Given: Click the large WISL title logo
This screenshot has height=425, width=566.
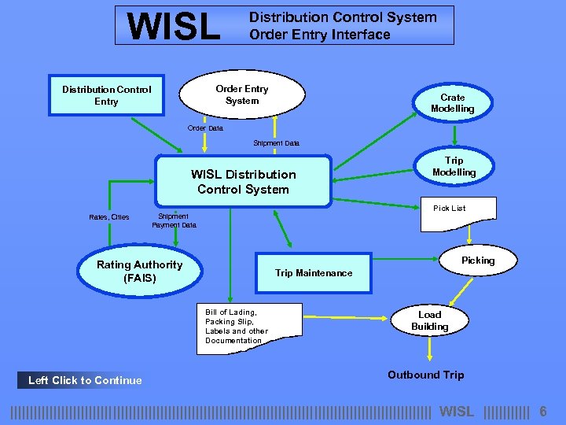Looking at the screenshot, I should click(175, 26).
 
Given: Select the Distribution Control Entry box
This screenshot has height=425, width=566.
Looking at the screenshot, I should click(107, 95).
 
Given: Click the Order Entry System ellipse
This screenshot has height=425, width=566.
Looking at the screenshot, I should click(242, 95).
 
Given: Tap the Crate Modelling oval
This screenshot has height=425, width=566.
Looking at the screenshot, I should click(453, 103).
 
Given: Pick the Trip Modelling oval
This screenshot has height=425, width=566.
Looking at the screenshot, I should click(454, 167).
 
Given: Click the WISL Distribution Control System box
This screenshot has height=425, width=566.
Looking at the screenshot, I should click(244, 182).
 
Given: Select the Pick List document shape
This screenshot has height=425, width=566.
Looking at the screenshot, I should click(458, 213).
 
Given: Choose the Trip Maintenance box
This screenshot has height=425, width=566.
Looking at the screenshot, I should click(314, 273).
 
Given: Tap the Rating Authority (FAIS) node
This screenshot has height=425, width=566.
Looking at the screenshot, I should click(139, 272).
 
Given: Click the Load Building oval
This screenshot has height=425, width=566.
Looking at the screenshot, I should click(430, 320).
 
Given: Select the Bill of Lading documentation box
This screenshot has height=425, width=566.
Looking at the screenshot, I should click(237, 327).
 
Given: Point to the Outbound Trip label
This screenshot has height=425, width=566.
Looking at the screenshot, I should click(426, 375).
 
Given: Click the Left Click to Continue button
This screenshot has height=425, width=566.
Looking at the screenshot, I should click(85, 380).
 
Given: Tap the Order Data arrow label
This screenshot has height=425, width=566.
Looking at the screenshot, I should click(205, 128).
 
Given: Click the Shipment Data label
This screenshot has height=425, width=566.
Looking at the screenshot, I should click(276, 143).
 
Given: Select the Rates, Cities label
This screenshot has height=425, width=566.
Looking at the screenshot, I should click(109, 216).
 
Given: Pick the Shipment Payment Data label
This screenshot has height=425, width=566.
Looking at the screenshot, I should click(174, 220).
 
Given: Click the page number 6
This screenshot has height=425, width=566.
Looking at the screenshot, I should click(542, 412).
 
